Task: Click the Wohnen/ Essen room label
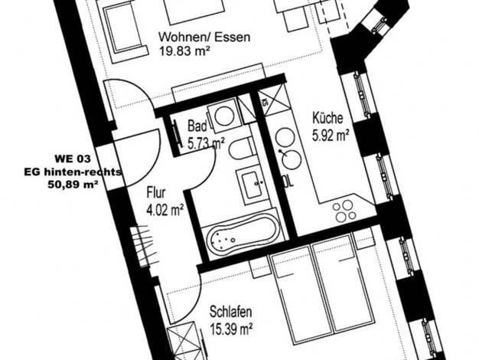click(x=204, y=37)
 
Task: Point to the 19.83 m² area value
click(x=184, y=51)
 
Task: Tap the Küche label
click(x=327, y=118)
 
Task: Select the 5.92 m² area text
click(x=331, y=136)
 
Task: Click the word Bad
click(x=197, y=126)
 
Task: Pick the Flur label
click(x=156, y=193)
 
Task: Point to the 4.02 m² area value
click(x=165, y=211)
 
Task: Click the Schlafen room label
click(x=230, y=312)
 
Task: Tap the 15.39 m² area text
click(x=231, y=329)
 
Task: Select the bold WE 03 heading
click(x=73, y=159)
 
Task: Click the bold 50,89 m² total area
click(x=73, y=185)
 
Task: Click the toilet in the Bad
click(x=242, y=149)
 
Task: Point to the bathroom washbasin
click(x=253, y=184)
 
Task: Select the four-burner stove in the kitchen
click(x=345, y=211)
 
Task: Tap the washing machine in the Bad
click(x=224, y=116)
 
